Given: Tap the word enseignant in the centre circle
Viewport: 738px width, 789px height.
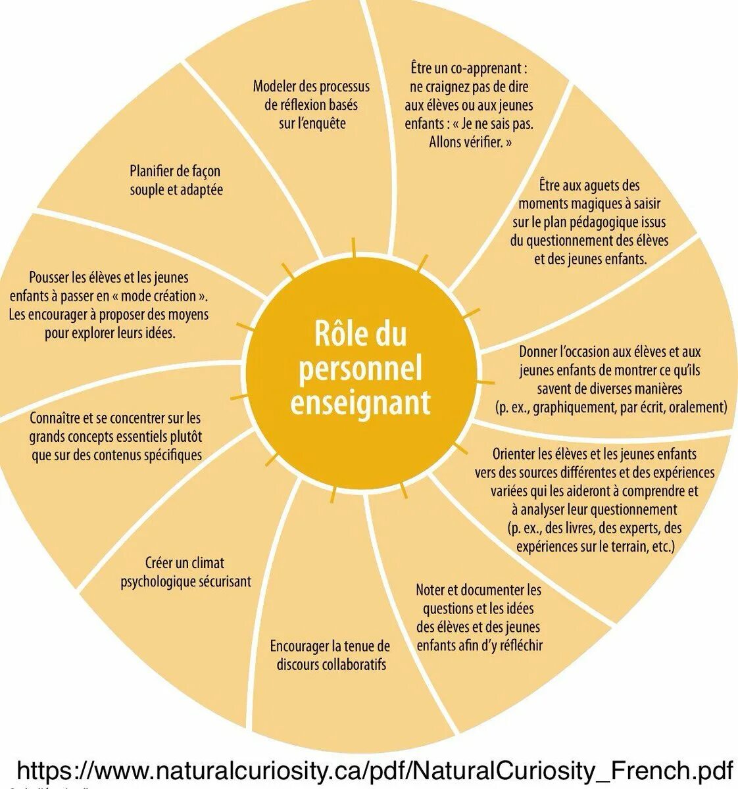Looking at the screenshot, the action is tap(360, 402).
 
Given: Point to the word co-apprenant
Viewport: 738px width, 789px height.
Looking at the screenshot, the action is tap(489, 68).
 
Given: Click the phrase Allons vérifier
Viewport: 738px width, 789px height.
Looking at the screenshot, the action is tap(470, 141).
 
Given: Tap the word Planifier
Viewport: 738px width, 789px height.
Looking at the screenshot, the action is tap(153, 171).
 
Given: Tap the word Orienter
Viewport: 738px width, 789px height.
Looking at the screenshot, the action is tap(513, 454).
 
